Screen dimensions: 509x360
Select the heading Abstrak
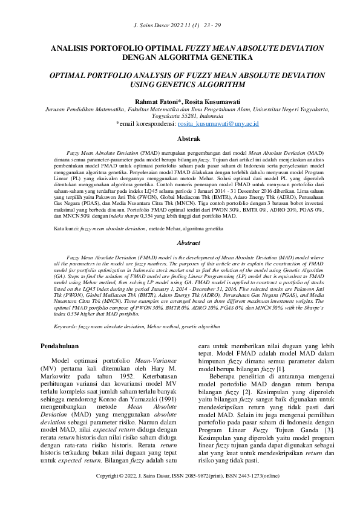[x=180, y=138]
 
